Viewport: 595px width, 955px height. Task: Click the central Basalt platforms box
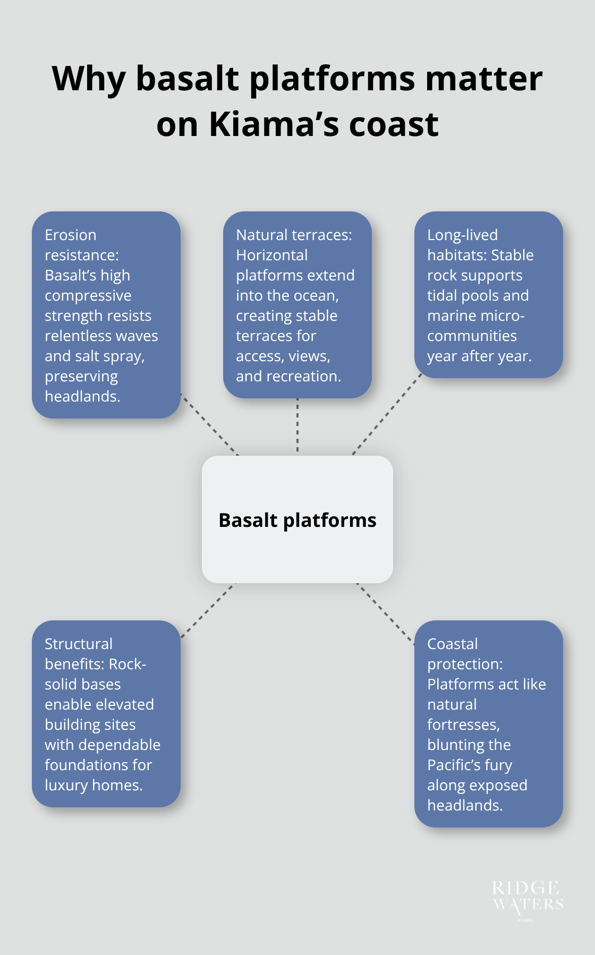pyautogui.click(x=297, y=519)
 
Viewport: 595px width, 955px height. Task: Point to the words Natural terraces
pyautogui.click(x=294, y=235)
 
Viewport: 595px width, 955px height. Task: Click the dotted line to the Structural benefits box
pyautogui.click(x=208, y=610)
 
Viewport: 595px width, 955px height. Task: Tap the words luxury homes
pyautogui.click(x=93, y=785)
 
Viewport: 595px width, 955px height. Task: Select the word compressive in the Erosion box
pyautogui.click(x=88, y=295)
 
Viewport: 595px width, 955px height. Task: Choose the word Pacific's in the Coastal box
pyautogui.click(x=469, y=765)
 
